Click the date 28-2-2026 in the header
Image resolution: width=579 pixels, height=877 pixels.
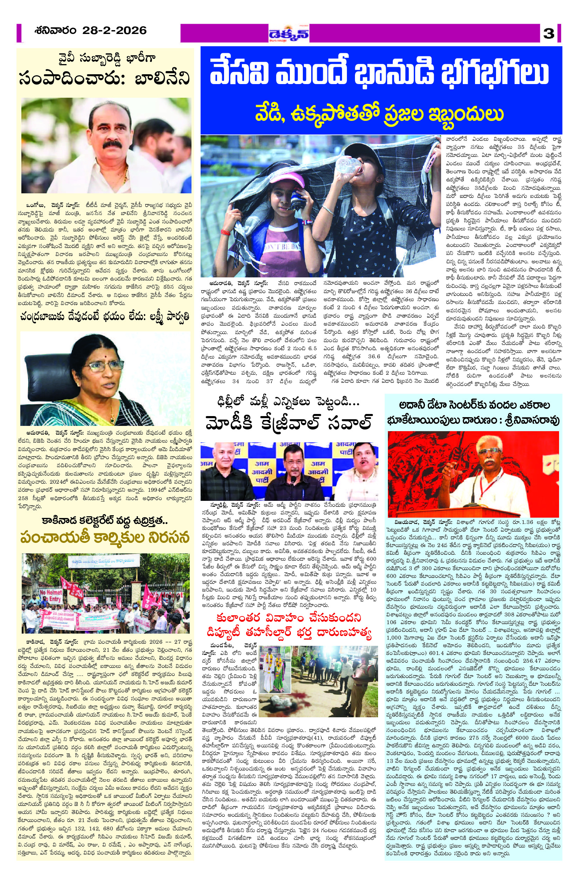(114, 30)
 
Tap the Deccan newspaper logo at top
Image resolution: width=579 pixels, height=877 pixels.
(289, 34)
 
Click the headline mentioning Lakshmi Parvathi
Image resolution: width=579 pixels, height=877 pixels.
(105, 316)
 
